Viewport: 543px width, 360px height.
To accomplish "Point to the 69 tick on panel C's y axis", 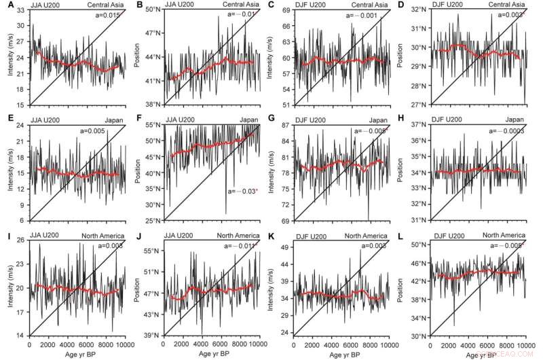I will (x=293, y=10).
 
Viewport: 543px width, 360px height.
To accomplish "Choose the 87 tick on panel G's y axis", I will (x=293, y=126).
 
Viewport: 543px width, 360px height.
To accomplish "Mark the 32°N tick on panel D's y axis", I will (x=426, y=10).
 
